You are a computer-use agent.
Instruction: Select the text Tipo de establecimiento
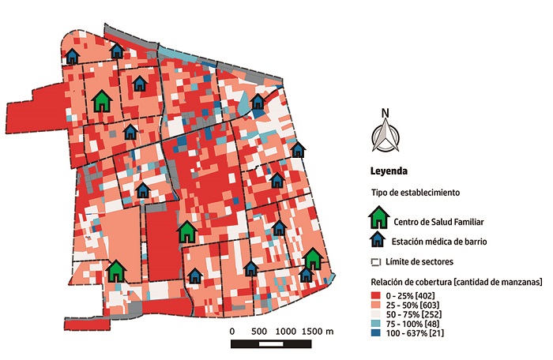[416, 193]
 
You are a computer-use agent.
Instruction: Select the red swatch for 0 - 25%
[376, 294]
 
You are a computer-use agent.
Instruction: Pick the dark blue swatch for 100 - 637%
[376, 335]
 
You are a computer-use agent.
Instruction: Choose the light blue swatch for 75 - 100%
[376, 324]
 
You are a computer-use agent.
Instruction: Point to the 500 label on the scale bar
[258, 331]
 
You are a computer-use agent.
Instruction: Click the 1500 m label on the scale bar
[319, 331]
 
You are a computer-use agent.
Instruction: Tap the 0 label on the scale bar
[231, 331]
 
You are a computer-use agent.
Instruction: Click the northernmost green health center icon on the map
[101, 101]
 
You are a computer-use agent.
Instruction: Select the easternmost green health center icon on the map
[314, 258]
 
